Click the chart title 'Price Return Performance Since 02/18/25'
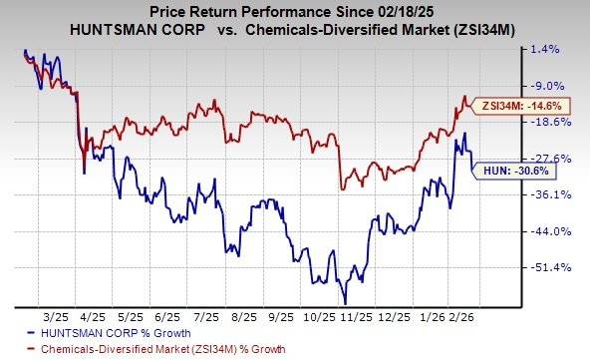pyautogui.click(x=294, y=10)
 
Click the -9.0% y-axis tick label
pyautogui.click(x=559, y=86)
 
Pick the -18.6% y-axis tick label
pyautogui.click(x=557, y=122)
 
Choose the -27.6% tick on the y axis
pyautogui.click(x=557, y=159)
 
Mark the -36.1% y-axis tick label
pyautogui.click(x=557, y=194)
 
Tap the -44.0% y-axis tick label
pyautogui.click(x=557, y=231)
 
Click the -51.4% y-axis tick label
pyautogui.click(x=557, y=267)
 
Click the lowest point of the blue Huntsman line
pyautogui.click(x=345, y=302)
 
